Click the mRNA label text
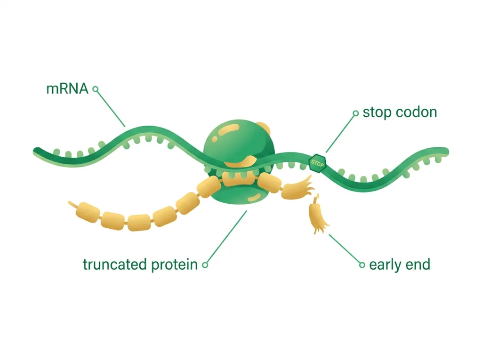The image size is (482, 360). point(67,88)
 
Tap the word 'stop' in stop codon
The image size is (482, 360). point(377,112)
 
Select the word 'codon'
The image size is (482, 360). point(417,112)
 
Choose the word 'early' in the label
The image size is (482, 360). point(385,265)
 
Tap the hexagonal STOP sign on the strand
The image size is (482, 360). point(318,163)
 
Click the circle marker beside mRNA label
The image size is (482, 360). point(96,89)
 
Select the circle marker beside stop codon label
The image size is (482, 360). point(356,113)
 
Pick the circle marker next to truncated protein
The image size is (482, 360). point(205,264)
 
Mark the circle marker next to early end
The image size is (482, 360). point(362,264)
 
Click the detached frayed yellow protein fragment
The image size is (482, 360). point(318,215)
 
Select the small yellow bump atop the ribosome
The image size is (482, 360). point(264,127)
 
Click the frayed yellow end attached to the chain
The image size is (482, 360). point(297,188)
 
